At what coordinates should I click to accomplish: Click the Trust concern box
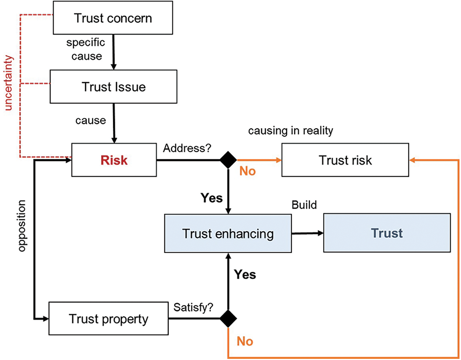113,18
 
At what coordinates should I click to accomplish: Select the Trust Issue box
114,87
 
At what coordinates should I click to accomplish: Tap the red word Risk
114,160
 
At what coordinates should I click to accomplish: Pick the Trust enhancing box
228,233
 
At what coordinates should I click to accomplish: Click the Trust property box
108,319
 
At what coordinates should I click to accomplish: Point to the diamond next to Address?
228,160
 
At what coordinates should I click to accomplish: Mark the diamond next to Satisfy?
228,318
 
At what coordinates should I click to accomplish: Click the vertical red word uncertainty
8,83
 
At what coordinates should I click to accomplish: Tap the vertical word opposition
22,226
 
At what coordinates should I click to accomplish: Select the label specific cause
86,49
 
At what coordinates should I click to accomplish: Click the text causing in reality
291,131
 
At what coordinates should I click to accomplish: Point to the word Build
304,205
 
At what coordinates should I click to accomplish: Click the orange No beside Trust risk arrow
247,171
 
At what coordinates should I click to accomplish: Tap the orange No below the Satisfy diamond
245,341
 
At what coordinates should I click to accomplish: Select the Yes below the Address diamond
212,198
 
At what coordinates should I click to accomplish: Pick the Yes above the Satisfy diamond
245,274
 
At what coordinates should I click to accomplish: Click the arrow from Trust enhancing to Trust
307,233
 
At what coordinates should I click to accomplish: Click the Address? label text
187,148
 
